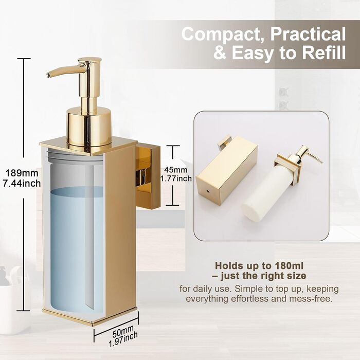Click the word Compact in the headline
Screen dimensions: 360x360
click(x=224, y=34)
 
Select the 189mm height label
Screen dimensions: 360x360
click(x=22, y=173)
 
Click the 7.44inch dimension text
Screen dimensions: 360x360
click(x=22, y=183)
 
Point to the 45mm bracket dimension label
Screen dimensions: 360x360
click(x=176, y=170)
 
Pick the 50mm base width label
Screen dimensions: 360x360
click(x=123, y=331)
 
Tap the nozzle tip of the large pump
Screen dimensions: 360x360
click(x=48, y=75)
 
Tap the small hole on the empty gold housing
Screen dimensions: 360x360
click(x=208, y=191)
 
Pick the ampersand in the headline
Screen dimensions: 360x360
click(x=220, y=53)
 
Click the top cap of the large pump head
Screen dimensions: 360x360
click(x=89, y=60)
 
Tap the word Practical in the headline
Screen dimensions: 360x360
click(x=308, y=34)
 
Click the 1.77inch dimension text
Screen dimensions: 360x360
click(x=176, y=178)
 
